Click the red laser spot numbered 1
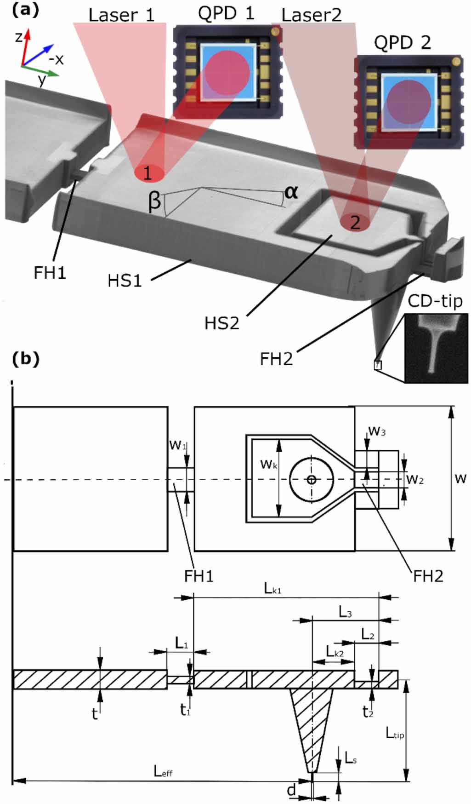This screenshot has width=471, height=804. coord(149,173)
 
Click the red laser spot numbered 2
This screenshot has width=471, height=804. coord(355,222)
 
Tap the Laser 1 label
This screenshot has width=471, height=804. coord(121,15)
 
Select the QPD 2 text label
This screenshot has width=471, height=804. coord(402,43)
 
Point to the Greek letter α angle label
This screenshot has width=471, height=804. coord(291,192)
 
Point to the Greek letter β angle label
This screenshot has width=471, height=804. coord(155,201)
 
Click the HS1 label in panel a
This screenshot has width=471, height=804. coord(124,281)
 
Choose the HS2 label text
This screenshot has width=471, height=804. coord(221,323)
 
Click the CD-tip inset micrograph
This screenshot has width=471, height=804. coord(436,348)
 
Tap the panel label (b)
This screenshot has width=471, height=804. coord(25,359)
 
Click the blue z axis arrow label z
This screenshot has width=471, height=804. coord(19,37)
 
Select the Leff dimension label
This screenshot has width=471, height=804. coord(163,771)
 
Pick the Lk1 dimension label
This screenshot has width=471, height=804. coord(272,588)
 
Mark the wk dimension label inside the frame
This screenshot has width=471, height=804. coord(268,464)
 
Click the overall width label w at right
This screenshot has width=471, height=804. coord(460,478)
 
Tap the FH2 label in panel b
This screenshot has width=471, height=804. coord(428,576)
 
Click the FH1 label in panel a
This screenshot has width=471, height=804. coord(50,273)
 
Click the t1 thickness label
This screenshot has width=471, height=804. coord(185,710)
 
